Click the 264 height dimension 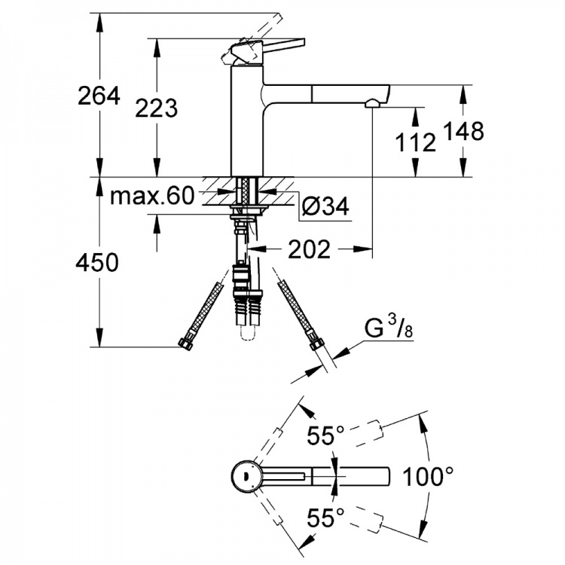tap(99, 96)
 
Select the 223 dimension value tap(157, 108)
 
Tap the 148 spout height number tap(463, 131)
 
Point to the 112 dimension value tap(415, 142)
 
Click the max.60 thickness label tap(152, 196)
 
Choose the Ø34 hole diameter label tap(325, 206)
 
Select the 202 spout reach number tap(309, 249)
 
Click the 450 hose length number tap(97, 262)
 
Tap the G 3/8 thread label tap(389, 327)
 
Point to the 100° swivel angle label tap(428, 476)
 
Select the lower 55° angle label tap(325, 518)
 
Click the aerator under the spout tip tap(372, 104)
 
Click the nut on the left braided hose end tap(185, 343)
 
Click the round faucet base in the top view tap(246, 476)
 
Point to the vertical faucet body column tap(247, 121)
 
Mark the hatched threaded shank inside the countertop tap(247, 191)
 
